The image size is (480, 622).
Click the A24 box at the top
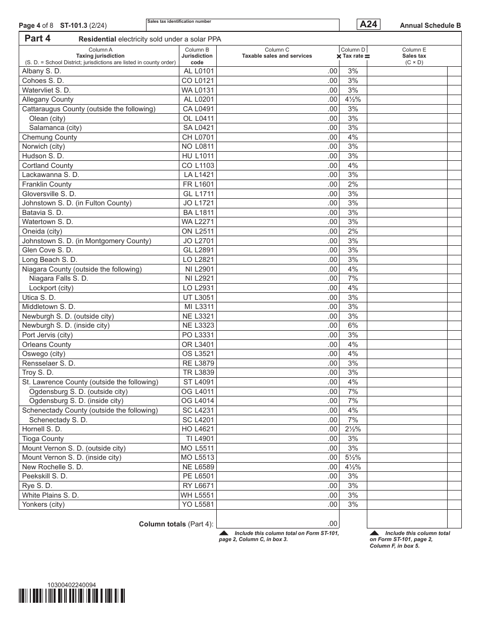368,24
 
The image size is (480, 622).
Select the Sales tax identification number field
243,25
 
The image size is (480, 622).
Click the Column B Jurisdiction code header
197,56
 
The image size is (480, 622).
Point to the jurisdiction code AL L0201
199,100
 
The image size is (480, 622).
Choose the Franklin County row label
47,185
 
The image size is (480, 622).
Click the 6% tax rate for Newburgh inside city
353,326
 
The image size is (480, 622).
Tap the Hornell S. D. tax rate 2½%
353,429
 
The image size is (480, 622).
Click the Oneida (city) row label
42,232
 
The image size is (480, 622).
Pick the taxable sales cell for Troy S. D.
278,373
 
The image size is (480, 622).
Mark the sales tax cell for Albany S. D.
407,71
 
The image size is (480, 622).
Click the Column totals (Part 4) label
176,524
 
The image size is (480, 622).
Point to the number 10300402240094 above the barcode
71,585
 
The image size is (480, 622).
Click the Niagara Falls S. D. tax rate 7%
353,279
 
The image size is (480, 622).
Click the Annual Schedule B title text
430,25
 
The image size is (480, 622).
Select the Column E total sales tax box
407,519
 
